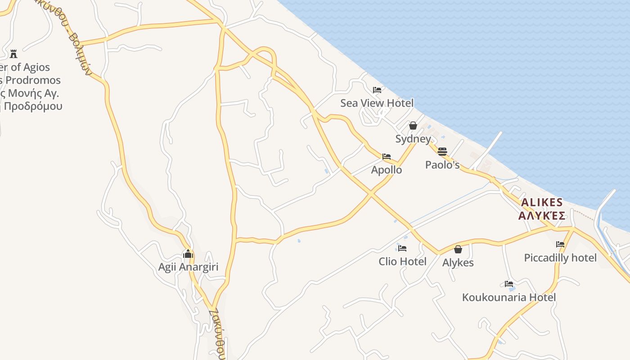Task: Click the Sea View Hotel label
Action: [x=377, y=103]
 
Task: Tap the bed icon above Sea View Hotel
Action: [x=377, y=90]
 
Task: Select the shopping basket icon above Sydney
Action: [x=413, y=126]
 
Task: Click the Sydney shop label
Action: [x=413, y=139]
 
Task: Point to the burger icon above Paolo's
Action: [x=442, y=151]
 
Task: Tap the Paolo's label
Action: [x=442, y=165]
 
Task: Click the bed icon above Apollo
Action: [x=387, y=157]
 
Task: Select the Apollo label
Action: [x=387, y=170]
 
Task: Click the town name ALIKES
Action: [x=542, y=202]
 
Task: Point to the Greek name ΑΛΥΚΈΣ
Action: [x=542, y=216]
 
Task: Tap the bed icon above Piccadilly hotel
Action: [x=560, y=244]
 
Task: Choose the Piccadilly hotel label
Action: [x=560, y=258]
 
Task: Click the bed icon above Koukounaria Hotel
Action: [x=509, y=284]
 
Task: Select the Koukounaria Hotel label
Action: [x=509, y=297]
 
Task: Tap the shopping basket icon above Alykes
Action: [x=458, y=249]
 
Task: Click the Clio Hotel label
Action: [x=402, y=261]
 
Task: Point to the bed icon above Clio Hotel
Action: [x=402, y=248]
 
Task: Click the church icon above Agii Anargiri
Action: [x=188, y=254]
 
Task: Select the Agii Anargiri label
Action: [x=188, y=267]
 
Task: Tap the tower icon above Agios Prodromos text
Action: [x=13, y=54]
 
